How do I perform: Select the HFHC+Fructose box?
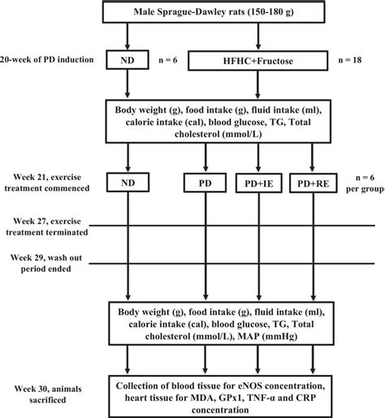point(257,61)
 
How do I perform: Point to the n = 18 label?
point(360,61)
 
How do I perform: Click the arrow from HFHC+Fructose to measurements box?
point(257,84)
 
